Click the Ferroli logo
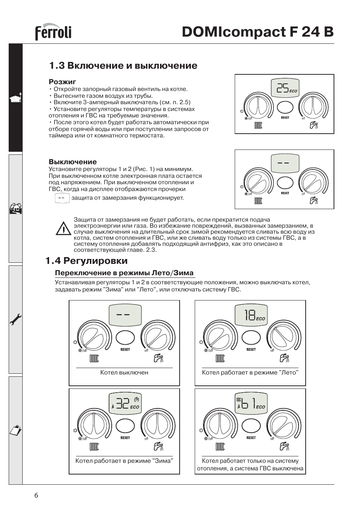pos(53,32)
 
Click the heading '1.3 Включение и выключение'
pos(123,66)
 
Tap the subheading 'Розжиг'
pos(63,81)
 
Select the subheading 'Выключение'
pos(73,162)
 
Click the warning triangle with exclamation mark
pos(63,229)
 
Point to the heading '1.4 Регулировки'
pos(86,261)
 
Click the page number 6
pos(36,496)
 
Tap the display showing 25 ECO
pos(285,88)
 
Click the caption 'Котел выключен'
pos(124,373)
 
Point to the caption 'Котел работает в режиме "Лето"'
pos(250,373)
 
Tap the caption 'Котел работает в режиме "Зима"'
pos(124,461)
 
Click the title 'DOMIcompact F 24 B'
pos(257,32)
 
